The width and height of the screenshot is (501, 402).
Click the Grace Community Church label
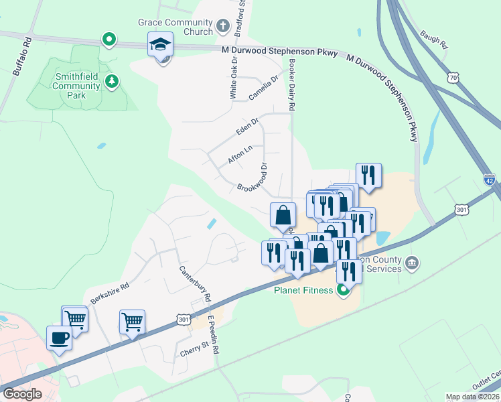175,27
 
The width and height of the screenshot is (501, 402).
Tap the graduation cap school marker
160,46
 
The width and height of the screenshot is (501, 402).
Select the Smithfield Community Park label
76,86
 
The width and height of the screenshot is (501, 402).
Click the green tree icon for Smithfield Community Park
113,82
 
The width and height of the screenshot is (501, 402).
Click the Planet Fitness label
303,290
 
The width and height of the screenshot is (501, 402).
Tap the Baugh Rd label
433,38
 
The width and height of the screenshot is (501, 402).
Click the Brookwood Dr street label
253,178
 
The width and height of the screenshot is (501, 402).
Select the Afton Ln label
239,156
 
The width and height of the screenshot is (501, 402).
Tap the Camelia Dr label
263,86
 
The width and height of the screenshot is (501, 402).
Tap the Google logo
23,394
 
